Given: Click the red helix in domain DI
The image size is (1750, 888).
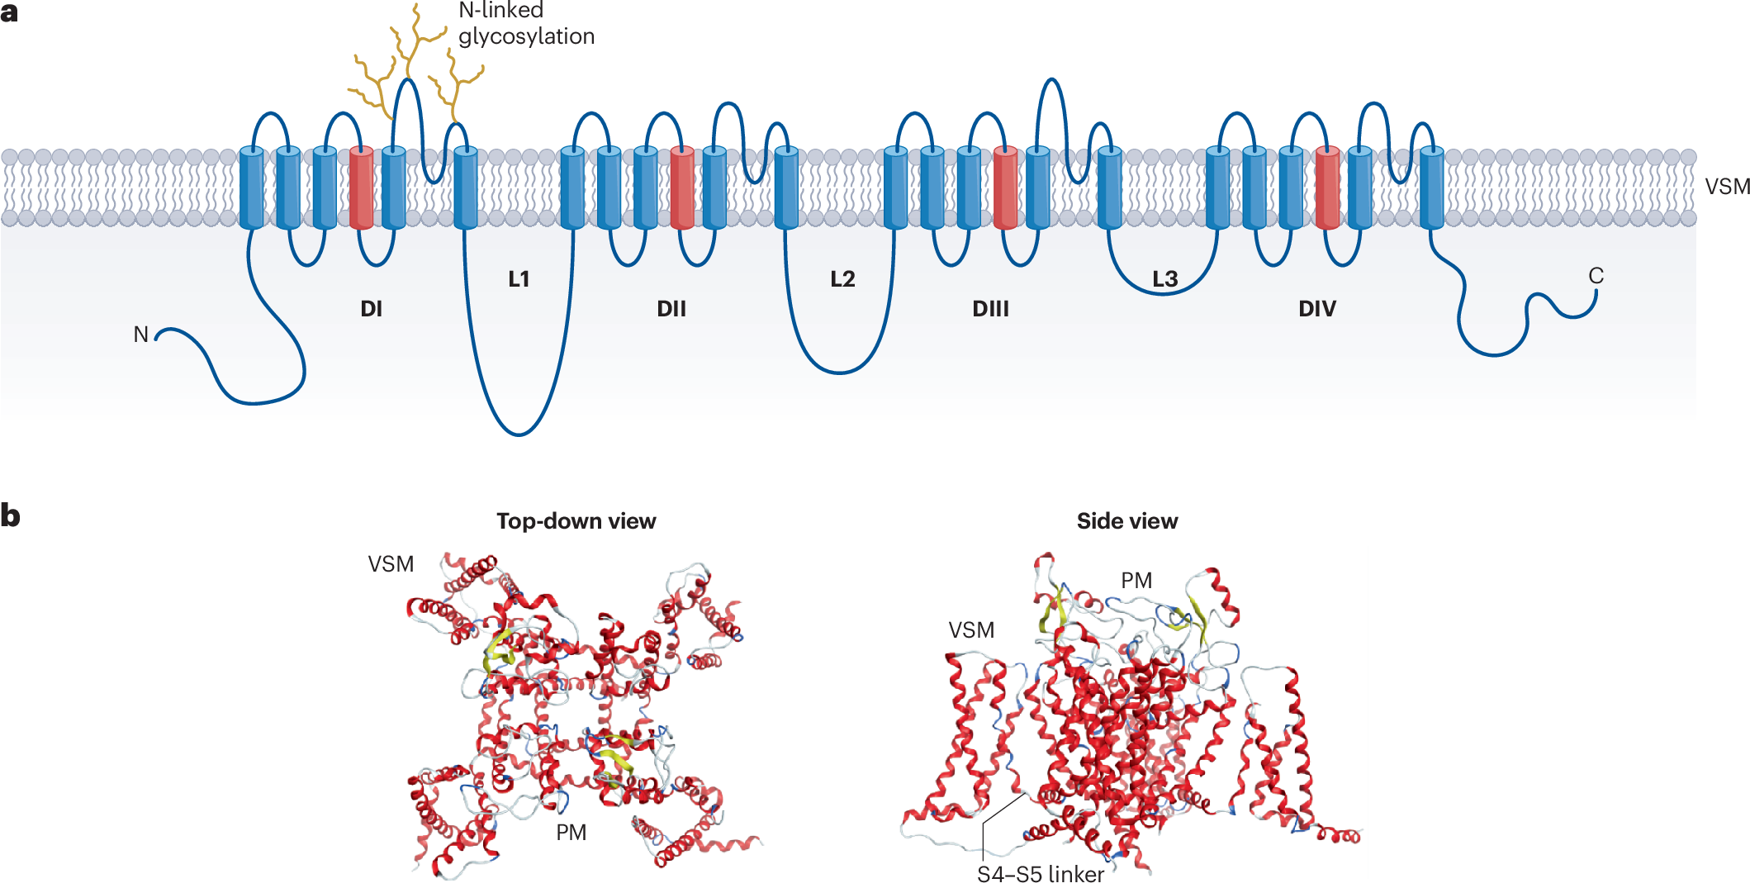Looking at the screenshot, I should click(361, 188).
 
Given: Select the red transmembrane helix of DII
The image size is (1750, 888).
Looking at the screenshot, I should click(681, 188).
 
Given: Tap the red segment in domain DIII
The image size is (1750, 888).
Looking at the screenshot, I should click(1005, 188).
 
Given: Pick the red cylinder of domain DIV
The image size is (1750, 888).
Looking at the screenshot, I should click(1327, 188).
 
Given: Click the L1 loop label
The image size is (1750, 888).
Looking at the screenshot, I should click(519, 279).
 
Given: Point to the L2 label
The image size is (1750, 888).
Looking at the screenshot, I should click(842, 279).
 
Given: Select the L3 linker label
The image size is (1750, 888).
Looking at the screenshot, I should click(1165, 279).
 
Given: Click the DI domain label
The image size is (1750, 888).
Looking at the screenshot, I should click(371, 309).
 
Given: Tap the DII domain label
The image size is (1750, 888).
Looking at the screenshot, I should click(671, 309).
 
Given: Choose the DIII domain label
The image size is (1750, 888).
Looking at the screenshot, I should click(990, 309).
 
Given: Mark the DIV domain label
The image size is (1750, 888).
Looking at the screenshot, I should click(1316, 309).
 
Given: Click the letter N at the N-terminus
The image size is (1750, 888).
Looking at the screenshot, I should click(141, 335).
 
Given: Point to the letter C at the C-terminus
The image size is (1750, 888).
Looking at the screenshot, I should click(1596, 276).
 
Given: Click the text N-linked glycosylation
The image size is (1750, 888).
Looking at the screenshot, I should click(525, 23).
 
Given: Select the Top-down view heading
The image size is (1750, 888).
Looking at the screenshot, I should click(576, 521).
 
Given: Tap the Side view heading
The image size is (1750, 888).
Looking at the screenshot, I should click(1126, 521).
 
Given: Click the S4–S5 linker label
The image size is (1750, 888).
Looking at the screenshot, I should click(1040, 874).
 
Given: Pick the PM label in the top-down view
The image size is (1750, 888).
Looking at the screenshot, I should click(571, 833).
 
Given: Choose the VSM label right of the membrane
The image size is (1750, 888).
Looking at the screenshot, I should click(1728, 187).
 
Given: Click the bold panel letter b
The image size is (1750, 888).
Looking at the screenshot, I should click(10, 515).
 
